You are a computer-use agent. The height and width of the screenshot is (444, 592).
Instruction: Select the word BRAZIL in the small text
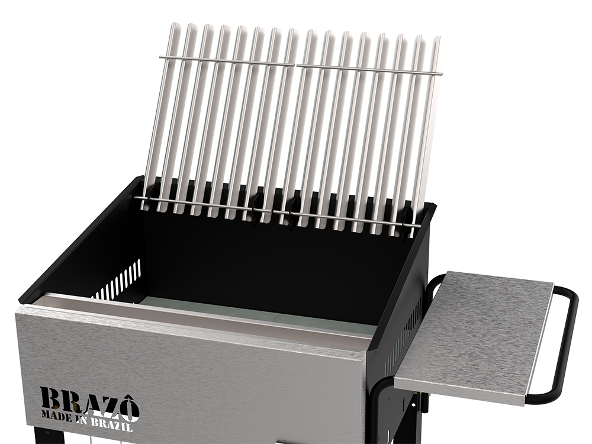(111, 424)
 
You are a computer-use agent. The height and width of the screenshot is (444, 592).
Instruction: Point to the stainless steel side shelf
(474, 337)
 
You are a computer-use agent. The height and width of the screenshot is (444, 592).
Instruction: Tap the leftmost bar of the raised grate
(159, 117)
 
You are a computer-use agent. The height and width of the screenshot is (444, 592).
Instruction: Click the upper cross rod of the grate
(301, 65)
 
